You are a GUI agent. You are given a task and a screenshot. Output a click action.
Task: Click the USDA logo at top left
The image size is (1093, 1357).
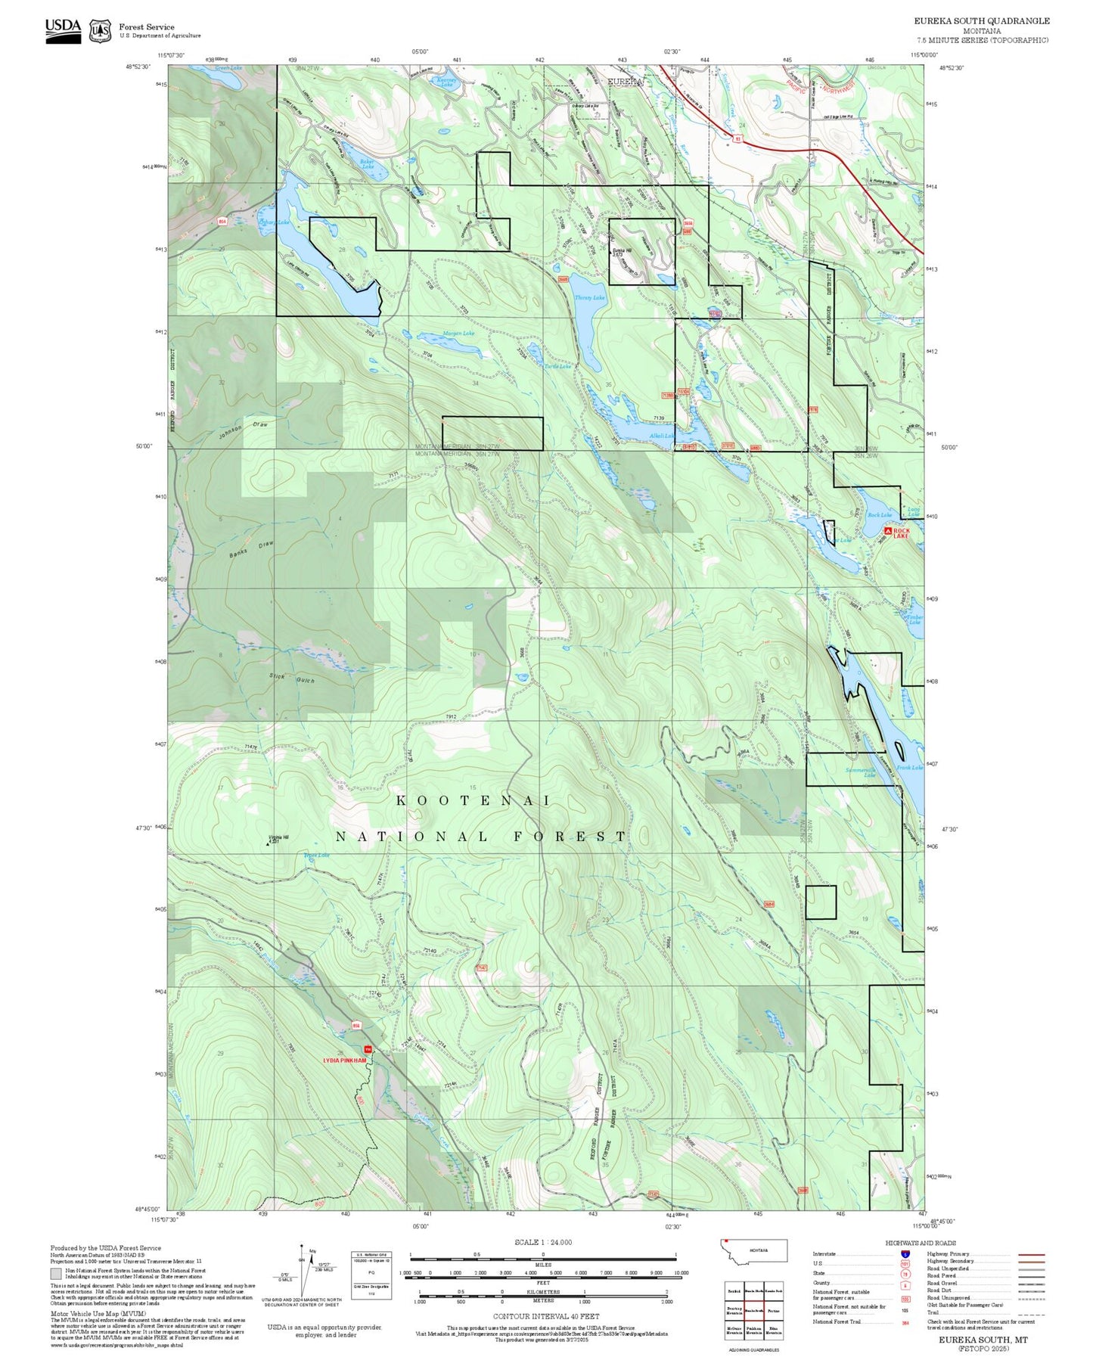pyautogui.click(x=63, y=29)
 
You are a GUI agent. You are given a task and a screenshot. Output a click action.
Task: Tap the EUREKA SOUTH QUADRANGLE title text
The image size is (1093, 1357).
pyautogui.click(x=981, y=20)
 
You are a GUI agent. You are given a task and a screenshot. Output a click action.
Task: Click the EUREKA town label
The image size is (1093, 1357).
pyautogui.click(x=626, y=82)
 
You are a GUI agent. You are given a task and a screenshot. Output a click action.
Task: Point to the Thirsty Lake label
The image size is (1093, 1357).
pyautogui.click(x=590, y=298)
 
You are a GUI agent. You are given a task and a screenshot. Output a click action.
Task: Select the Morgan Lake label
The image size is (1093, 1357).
pyautogui.click(x=458, y=334)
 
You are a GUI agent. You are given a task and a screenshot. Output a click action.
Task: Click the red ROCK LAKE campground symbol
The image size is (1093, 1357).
pyautogui.click(x=888, y=531)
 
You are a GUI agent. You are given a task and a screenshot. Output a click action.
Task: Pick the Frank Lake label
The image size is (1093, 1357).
pyautogui.click(x=909, y=768)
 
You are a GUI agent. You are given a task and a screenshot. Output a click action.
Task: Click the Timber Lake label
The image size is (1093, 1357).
pyautogui.click(x=914, y=619)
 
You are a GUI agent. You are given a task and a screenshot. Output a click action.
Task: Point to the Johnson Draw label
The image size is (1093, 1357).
pyautogui.click(x=244, y=429)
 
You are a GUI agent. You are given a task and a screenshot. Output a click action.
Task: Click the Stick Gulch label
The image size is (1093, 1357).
pyautogui.click(x=292, y=678)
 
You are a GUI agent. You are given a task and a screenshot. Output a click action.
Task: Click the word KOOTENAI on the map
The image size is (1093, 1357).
pyautogui.click(x=474, y=800)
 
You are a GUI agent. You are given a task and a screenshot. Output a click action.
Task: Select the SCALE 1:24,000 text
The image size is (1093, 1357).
pyautogui.click(x=543, y=1242)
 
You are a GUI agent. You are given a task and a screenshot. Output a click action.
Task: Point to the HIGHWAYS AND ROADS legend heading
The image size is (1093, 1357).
pyautogui.click(x=920, y=1243)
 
